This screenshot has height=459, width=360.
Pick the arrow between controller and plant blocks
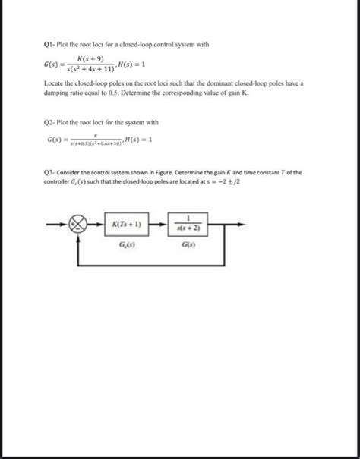point(156,225)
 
